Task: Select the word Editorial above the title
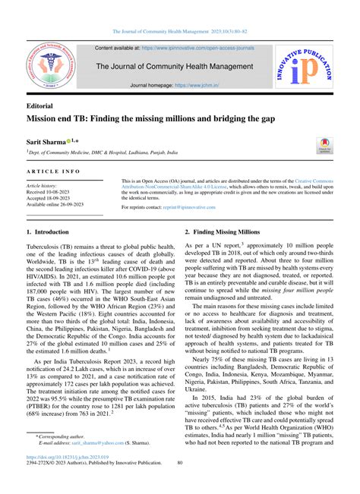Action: [x=44, y=107]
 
